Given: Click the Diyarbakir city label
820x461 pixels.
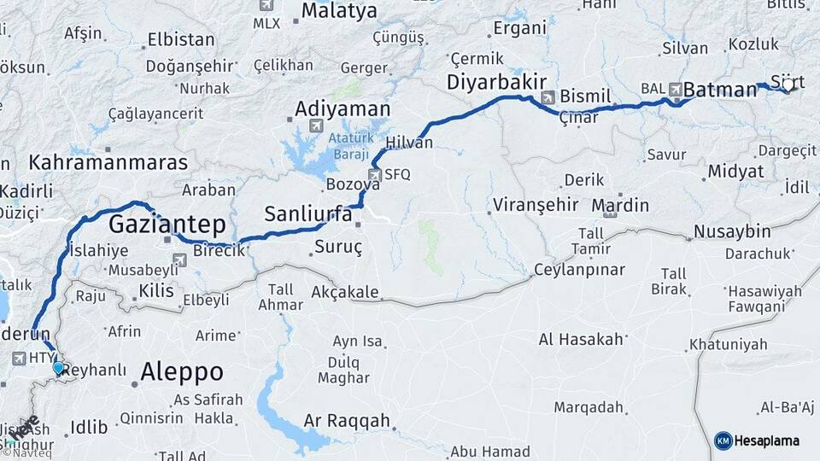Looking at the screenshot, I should tap(496, 82).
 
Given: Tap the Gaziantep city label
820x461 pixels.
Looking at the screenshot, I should tap(167, 225).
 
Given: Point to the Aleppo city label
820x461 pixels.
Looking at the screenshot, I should tap(182, 372).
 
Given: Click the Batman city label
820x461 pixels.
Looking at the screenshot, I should tap(720, 89).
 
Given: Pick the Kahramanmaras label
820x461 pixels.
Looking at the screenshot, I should tap(108, 162).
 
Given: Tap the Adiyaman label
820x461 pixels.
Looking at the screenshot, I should tap(342, 109).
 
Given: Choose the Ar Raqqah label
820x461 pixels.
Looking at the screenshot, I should tap(347, 421).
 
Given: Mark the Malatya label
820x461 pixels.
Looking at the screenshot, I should tap(338, 12).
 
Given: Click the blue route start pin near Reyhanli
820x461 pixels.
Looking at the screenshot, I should tap(58, 368).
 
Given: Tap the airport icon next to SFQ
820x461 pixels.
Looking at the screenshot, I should tap(374, 174).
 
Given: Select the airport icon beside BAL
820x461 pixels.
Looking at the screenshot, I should tap(676, 89).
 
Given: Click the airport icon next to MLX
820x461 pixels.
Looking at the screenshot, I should tap(266, 5).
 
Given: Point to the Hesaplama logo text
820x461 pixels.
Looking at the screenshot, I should tap(769, 441).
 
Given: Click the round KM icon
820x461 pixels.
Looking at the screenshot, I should tap(723, 441).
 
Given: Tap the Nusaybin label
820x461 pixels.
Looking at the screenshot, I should tap(732, 231).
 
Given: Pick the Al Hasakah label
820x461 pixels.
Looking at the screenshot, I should tap(581, 339).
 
